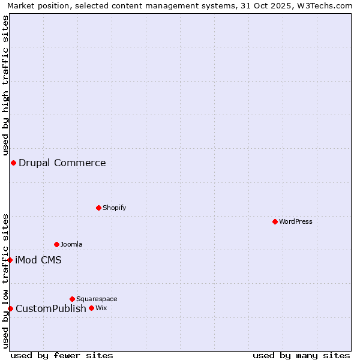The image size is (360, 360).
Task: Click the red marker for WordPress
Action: coord(275,221)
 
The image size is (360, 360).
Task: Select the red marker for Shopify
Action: coord(98,208)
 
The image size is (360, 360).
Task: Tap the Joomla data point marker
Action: coord(56,244)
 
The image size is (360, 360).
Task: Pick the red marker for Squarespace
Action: coord(72,299)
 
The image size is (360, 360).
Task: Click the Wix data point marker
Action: coord(91,308)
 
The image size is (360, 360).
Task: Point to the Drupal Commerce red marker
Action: coord(13,163)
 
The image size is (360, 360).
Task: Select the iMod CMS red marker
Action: coord(10,260)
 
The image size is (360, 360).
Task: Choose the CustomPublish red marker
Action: coord(10,308)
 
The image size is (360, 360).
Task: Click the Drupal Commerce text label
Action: coord(62,163)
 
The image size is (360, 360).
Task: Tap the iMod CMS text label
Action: coord(38,260)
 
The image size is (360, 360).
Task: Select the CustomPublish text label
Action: coord(51,308)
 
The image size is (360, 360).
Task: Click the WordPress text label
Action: coord(296,221)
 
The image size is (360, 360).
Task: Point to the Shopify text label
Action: coord(114,208)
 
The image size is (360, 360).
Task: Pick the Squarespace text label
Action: coord(97,299)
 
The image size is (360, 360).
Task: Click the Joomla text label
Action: coord(71,244)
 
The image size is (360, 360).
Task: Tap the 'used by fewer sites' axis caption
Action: coord(62,355)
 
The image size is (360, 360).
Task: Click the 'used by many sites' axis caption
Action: coord(301,355)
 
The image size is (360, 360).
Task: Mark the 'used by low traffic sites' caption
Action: coord(5,281)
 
